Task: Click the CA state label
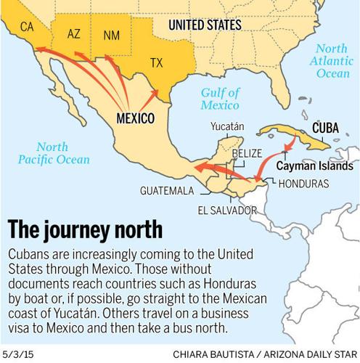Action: [x=27, y=27]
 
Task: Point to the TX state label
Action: [x=156, y=63]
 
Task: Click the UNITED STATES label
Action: [x=205, y=25]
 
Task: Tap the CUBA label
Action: [x=325, y=128]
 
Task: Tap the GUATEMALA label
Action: [x=168, y=191]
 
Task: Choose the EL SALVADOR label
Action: [x=226, y=211]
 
